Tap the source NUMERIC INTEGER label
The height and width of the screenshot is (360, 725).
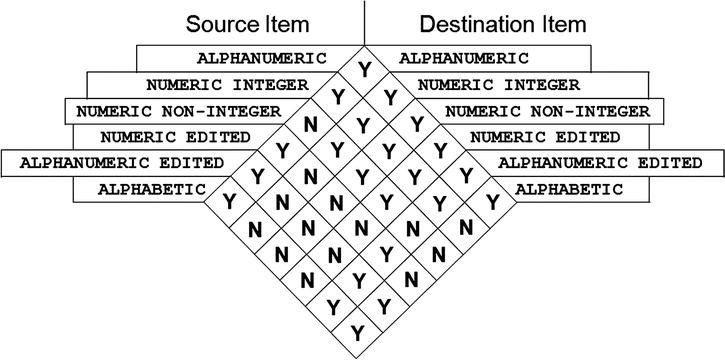pos(227,84)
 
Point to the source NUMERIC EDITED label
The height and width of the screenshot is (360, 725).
pos(175,136)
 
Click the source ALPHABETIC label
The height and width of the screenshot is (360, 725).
pos(153,188)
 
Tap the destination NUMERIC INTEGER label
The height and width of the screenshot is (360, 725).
pos(497,84)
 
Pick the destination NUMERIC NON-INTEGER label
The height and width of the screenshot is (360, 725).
pos(546,110)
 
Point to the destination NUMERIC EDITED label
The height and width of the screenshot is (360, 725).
pos(544,136)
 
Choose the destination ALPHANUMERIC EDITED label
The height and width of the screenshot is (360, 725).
pos(596,162)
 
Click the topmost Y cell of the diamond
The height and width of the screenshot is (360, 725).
pos(361,71)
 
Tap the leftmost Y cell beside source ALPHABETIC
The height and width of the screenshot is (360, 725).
pos(230,201)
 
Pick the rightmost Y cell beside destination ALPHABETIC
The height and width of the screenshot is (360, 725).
pos(491,201)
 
